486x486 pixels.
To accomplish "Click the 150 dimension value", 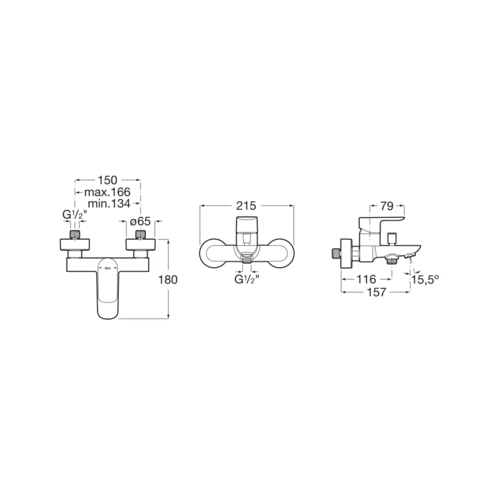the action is [107, 180].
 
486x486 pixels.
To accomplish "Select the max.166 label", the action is [107, 192].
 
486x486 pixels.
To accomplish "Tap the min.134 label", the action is [109, 204].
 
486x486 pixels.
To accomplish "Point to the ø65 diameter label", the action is [140, 221].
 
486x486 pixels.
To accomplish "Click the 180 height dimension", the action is [168, 279].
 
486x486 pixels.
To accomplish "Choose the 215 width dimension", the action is [246, 206].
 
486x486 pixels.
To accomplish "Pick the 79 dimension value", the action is [387, 206].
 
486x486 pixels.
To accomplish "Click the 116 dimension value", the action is [366, 279].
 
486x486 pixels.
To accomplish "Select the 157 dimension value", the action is [377, 292].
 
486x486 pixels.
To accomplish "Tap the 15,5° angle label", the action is [425, 279].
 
